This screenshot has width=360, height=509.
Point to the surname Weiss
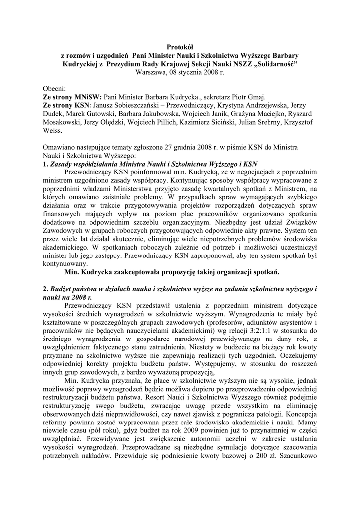tap(53, 131)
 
